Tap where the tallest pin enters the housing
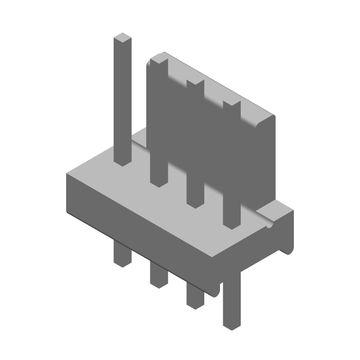coord(122,162)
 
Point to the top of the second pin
coord(157,59)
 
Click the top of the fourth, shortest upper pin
coord(231,104)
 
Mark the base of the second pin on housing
coord(158,182)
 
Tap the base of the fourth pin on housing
coord(232,225)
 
